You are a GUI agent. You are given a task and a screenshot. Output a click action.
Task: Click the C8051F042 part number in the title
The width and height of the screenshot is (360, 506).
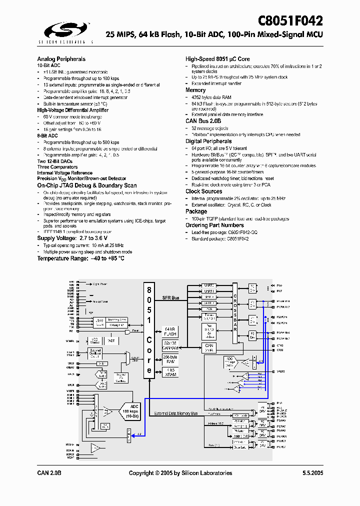290,21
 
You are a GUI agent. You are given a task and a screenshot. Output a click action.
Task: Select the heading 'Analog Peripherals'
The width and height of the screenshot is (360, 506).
61,59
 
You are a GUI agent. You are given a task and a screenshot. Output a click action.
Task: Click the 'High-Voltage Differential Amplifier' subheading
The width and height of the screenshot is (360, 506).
72,110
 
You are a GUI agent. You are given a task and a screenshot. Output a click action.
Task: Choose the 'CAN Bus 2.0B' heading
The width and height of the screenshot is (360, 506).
203,121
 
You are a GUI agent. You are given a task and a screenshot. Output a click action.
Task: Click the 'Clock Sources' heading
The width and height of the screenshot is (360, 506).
203,191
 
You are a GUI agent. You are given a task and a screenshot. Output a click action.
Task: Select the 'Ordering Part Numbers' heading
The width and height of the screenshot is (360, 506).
215,225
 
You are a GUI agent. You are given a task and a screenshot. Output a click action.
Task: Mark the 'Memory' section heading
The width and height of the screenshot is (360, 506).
195,90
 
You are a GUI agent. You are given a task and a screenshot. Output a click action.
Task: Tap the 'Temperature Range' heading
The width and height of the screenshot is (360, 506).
80,258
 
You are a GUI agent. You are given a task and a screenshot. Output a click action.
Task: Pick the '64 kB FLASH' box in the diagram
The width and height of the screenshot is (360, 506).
170,331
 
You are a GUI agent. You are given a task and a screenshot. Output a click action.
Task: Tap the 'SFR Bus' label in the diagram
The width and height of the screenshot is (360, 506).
171,298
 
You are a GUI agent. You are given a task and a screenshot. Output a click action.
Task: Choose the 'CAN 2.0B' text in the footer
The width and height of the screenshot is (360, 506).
49,473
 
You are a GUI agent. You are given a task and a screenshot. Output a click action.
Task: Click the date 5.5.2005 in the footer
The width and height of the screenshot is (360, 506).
312,473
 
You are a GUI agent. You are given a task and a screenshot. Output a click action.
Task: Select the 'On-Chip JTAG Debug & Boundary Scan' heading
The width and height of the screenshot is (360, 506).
87,185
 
